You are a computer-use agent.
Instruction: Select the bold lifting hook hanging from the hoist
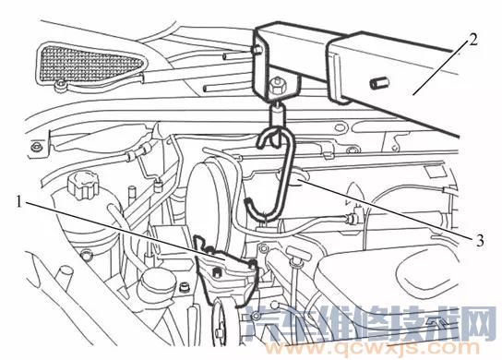[x=277, y=175]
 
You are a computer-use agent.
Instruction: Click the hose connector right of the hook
[x=352, y=221]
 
